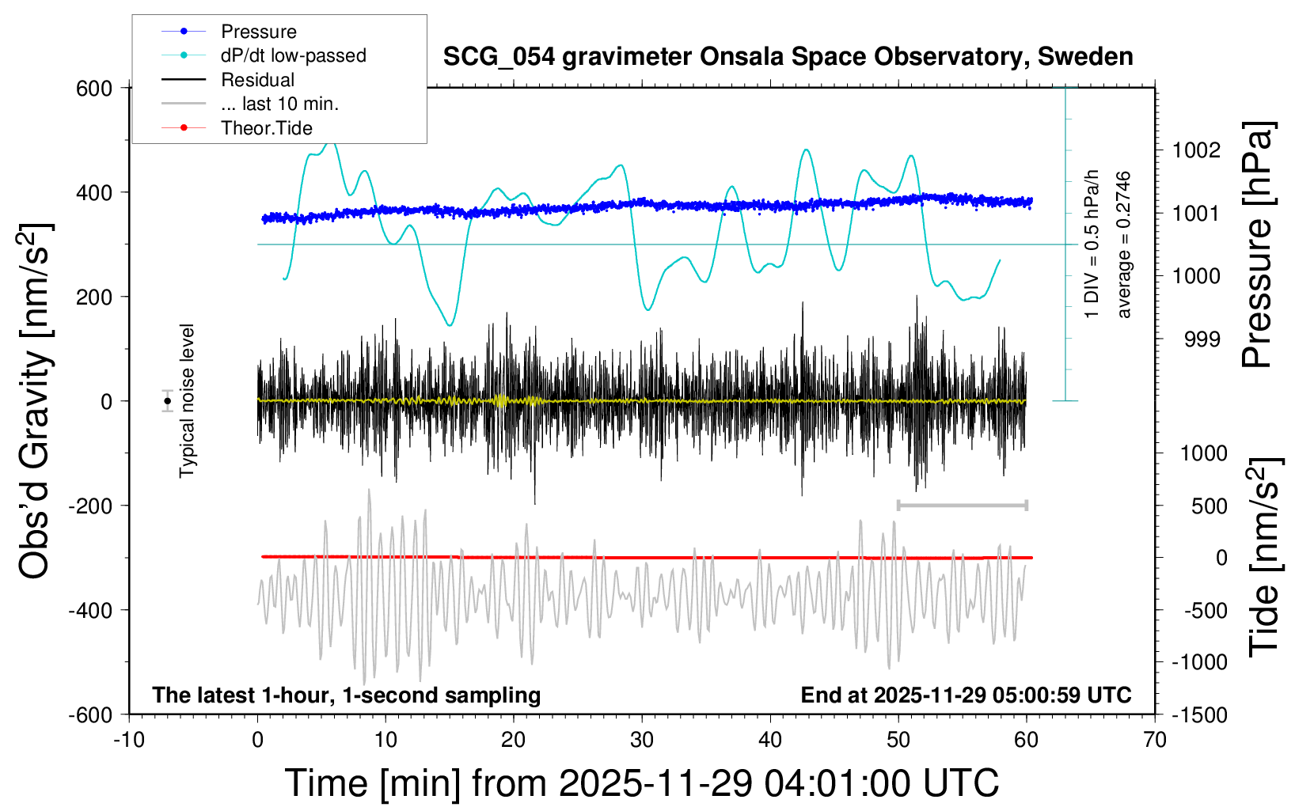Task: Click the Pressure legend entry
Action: (258, 32)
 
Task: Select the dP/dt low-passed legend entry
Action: (293, 55)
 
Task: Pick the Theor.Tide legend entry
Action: (266, 128)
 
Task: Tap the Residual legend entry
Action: (257, 80)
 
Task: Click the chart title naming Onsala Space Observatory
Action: (788, 57)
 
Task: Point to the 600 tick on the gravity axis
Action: (94, 89)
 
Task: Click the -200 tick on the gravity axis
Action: (90, 506)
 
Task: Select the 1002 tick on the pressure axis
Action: (1196, 150)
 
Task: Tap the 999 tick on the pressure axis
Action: (1202, 339)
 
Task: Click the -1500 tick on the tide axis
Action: (1199, 715)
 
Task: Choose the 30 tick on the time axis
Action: (642, 741)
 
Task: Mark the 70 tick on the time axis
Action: (1155, 741)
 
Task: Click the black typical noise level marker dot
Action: (167, 401)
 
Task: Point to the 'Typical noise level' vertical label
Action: (187, 400)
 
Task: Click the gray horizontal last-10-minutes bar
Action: (962, 505)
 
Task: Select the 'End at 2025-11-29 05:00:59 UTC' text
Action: (966, 695)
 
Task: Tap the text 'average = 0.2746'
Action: (1124, 244)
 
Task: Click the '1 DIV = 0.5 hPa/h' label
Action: (1092, 244)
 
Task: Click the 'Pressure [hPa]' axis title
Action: (1258, 244)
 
